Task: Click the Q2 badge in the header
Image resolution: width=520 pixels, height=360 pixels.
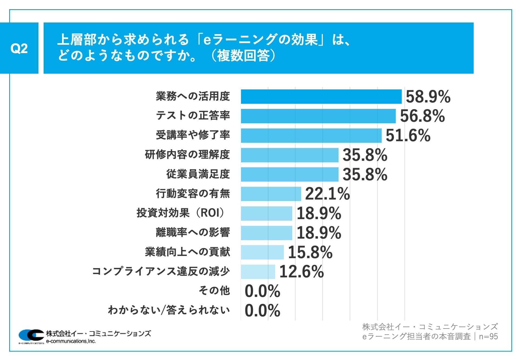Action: coord(19,48)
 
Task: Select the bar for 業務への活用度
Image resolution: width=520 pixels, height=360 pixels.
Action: coord(321,96)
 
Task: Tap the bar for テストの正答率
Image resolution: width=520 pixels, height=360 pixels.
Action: coord(318,116)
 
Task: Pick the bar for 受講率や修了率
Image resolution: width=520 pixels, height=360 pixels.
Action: coord(311,135)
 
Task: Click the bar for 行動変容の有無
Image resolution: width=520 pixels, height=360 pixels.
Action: coord(271,194)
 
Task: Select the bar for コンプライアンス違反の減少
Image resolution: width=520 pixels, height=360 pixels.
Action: coord(258,272)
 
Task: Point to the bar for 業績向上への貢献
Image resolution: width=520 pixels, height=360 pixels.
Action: coord(262,252)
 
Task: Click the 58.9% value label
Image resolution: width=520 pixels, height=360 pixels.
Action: coord(428,97)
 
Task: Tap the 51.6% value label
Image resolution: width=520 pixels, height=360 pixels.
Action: coord(408,135)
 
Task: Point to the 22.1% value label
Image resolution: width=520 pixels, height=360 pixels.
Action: coord(327,194)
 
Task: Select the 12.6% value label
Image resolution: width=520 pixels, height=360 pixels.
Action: coord(301,272)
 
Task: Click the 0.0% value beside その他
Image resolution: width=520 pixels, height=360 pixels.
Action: coord(262,291)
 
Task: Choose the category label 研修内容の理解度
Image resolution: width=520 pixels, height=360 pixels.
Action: coord(187,155)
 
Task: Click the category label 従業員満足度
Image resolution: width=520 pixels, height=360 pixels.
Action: coord(198,174)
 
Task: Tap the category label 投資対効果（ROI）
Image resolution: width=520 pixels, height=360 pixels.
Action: coord(181,213)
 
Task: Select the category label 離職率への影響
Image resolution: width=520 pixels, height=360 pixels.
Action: coord(193,232)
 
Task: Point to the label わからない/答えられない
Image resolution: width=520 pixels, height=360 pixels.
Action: coord(169,310)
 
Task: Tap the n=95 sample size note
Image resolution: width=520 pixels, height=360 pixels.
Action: coord(488,336)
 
